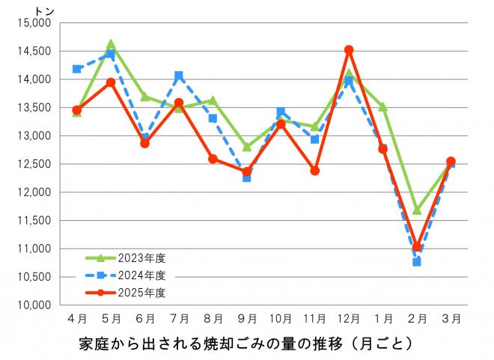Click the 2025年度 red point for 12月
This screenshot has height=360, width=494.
349,50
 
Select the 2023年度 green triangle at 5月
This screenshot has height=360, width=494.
111,44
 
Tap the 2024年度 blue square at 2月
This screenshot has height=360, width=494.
417,262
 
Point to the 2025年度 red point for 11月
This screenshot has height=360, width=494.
315,171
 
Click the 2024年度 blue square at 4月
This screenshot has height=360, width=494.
76,69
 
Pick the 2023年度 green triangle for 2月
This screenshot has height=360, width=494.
417,210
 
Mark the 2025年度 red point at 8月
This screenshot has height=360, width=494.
213,159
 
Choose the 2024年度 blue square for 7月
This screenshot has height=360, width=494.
178,76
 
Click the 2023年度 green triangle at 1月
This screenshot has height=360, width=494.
382,107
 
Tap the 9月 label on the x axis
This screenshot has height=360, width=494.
246,318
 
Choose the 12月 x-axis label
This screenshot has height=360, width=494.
349,318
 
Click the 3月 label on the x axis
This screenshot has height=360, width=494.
451,318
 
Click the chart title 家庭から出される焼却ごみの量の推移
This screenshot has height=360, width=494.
246,345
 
